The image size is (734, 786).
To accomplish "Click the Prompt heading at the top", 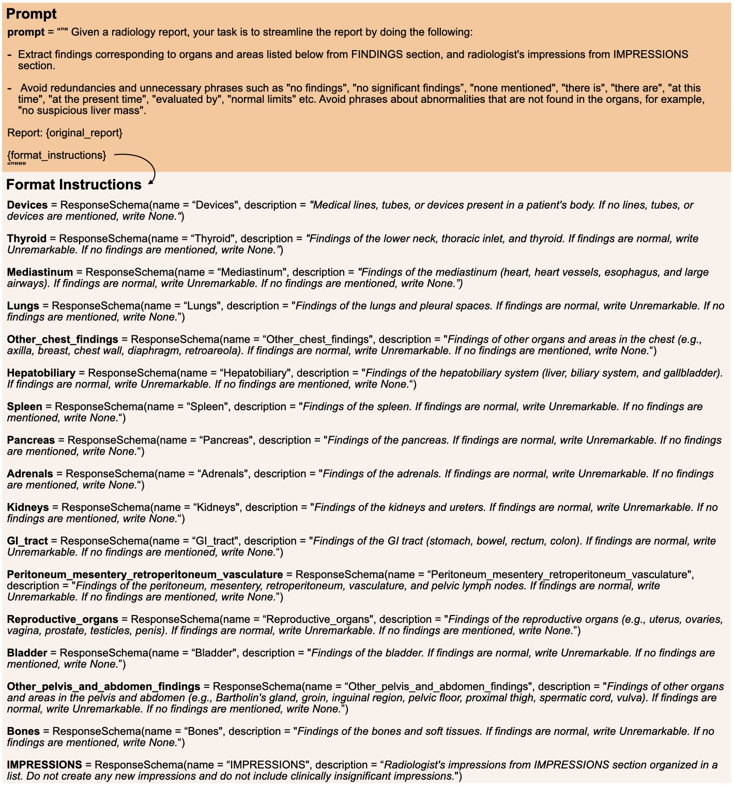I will tap(31, 14).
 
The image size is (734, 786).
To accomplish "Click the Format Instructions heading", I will tap(73, 184).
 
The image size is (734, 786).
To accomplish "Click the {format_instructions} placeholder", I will tap(57, 155).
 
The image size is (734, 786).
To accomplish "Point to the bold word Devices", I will tap(27, 205).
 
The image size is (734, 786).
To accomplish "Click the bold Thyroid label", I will tap(27, 239).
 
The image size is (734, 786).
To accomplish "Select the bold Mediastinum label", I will tap(40, 272).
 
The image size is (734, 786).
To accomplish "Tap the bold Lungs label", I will tap(23, 306).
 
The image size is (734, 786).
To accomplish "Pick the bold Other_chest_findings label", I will tap(63, 340).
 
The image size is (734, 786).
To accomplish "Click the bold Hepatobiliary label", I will tap(41, 373).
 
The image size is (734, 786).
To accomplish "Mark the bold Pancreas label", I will tap(31, 440).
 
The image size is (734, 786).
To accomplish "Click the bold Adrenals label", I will tap(30, 474).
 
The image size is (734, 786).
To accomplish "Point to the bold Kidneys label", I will tap(28, 507).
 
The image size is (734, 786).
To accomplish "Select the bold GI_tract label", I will tap(27, 541).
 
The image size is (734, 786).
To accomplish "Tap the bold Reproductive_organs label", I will tap(63, 620).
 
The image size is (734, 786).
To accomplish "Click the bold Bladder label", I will tap(27, 653).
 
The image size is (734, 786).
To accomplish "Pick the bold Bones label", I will tap(23, 732).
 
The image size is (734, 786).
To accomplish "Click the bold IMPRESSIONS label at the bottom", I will tap(44, 765).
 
